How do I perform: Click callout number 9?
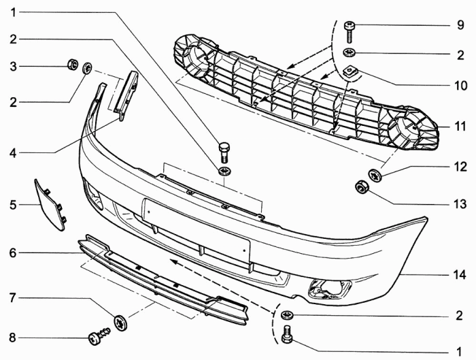click(460, 27)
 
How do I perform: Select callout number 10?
click(461, 86)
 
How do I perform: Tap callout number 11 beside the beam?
click(460, 127)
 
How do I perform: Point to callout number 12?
click(460, 166)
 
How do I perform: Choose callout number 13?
click(460, 203)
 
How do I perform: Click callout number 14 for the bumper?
click(460, 275)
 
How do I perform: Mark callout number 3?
click(12, 66)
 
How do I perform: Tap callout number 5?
click(12, 203)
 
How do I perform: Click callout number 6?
click(12, 253)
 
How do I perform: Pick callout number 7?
click(12, 297)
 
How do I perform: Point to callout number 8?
click(12, 336)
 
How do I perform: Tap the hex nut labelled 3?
click(71, 66)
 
